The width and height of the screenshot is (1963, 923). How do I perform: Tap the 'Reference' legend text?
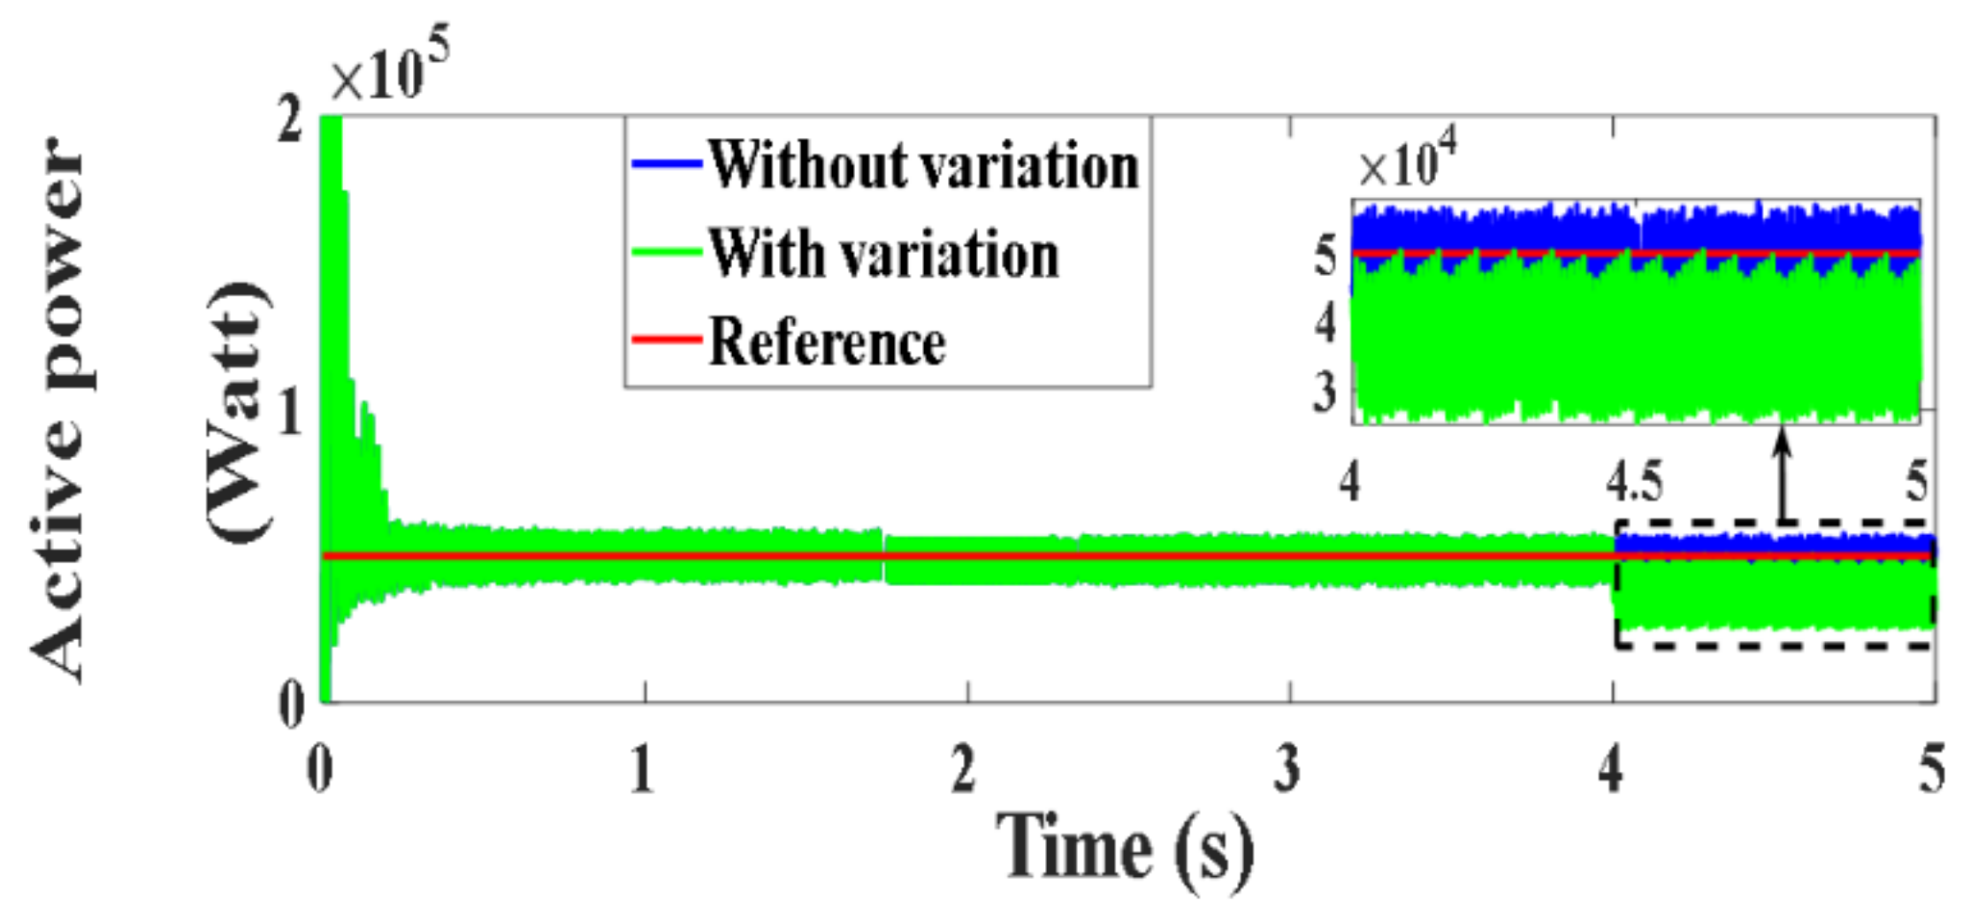pos(827,342)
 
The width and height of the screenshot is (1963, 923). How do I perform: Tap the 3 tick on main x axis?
pos(1287,769)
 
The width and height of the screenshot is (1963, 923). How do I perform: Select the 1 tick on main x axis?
pos(642,769)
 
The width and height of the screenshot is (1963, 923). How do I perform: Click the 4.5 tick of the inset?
pos(1634,483)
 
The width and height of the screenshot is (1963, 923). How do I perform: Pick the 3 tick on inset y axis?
pos(1325,392)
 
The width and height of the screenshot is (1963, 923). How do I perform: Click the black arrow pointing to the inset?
pos(1783,473)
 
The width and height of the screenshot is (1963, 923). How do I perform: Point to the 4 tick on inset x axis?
pos(1349,483)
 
